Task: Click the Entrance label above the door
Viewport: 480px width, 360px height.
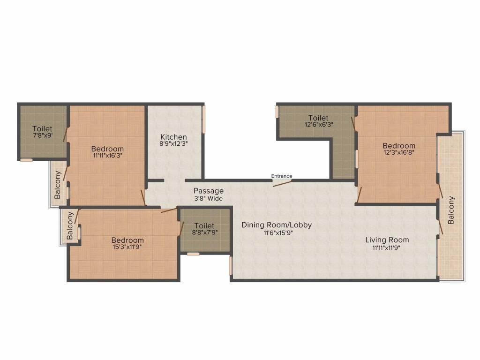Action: pos(282,176)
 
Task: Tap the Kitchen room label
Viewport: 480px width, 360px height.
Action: pos(173,137)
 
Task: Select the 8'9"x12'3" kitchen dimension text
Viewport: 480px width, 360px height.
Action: pos(173,144)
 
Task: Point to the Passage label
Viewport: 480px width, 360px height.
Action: pos(209,191)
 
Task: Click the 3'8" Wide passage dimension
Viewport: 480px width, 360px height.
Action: pos(209,199)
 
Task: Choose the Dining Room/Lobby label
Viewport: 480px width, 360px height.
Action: pos(277,225)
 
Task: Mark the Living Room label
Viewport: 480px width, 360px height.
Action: pos(387,240)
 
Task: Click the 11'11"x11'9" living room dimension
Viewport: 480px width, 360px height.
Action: pos(387,247)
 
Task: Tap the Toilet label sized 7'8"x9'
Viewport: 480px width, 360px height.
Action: pos(42,128)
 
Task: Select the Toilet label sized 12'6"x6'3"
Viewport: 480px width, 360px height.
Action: pos(318,118)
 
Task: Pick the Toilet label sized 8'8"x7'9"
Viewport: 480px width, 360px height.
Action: pos(204,225)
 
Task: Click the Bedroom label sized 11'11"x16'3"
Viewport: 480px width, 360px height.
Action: pos(107,149)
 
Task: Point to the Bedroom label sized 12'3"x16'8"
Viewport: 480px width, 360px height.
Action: pos(399,146)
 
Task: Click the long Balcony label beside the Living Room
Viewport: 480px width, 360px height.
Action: pos(451,210)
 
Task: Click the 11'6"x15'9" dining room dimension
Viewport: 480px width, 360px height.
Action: pos(277,232)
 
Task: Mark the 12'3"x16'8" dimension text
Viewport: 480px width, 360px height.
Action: pos(399,152)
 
